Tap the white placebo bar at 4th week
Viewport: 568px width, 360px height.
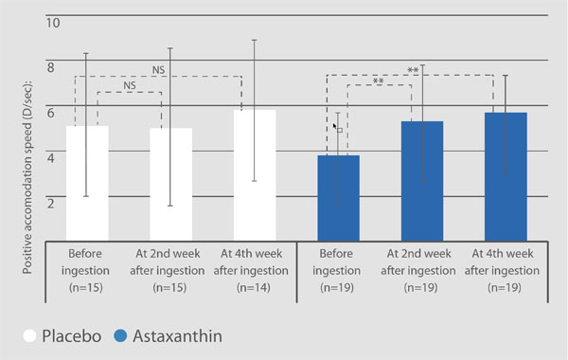pos(254,174)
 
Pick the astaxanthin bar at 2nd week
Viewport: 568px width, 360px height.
pos(422,180)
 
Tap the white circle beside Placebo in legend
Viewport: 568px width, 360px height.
pos(30,335)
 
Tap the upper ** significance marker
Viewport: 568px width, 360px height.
pos(413,70)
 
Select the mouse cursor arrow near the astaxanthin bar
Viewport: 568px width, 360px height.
pos(335,125)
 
